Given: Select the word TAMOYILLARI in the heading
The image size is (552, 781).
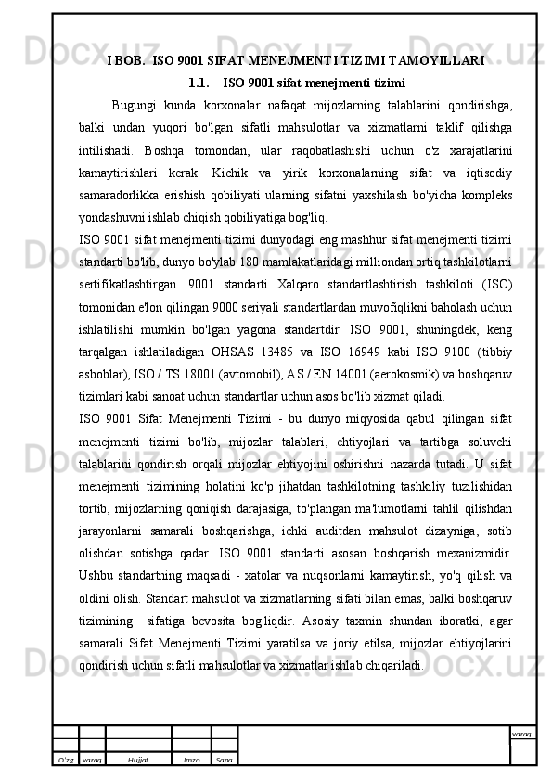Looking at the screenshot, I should click(x=434, y=61).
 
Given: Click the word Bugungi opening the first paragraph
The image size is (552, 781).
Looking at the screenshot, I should click(x=134, y=105).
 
